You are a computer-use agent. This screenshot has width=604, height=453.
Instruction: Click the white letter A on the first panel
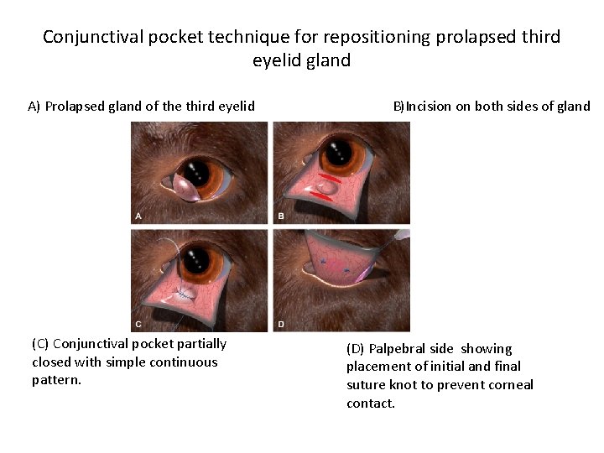138,216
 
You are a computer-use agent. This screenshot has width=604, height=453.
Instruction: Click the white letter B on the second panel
281,216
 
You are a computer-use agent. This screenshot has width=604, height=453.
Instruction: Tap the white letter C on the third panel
138,324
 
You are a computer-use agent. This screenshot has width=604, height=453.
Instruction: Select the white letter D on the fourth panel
281,324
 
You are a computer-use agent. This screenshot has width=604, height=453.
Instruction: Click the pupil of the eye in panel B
340,153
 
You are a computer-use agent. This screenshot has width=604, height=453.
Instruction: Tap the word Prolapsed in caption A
76,107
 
